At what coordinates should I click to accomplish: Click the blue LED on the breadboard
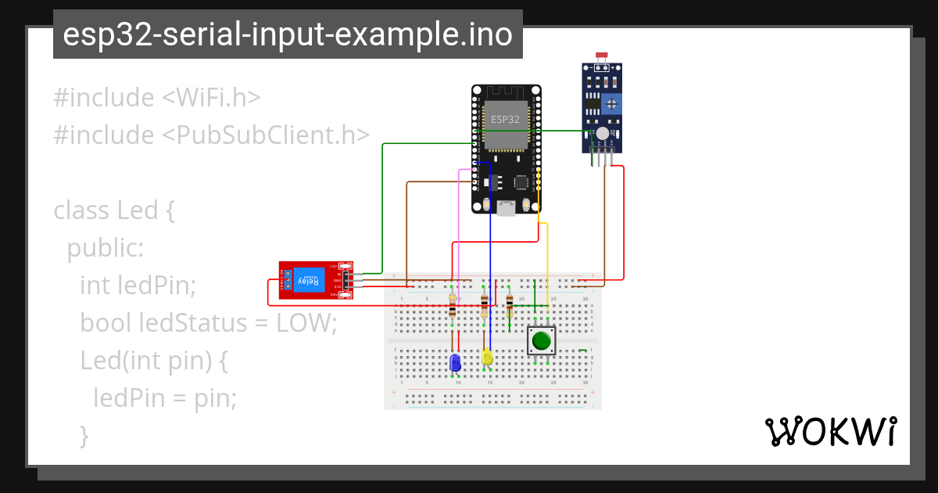coord(455,363)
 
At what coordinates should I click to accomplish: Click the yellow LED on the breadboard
coord(487,358)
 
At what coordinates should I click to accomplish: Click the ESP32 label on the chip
coord(504,120)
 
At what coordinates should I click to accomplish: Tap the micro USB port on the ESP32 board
coord(506,207)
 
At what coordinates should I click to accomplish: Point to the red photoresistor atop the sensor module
coord(602,57)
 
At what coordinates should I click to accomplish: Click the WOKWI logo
coord(830,431)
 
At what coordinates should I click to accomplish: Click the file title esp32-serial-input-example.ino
coord(288,35)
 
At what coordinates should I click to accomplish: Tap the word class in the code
coord(82,211)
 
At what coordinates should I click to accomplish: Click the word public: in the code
coord(106,248)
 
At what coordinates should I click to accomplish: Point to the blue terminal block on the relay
coord(287,280)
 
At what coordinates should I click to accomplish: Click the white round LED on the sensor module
coord(602,135)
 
